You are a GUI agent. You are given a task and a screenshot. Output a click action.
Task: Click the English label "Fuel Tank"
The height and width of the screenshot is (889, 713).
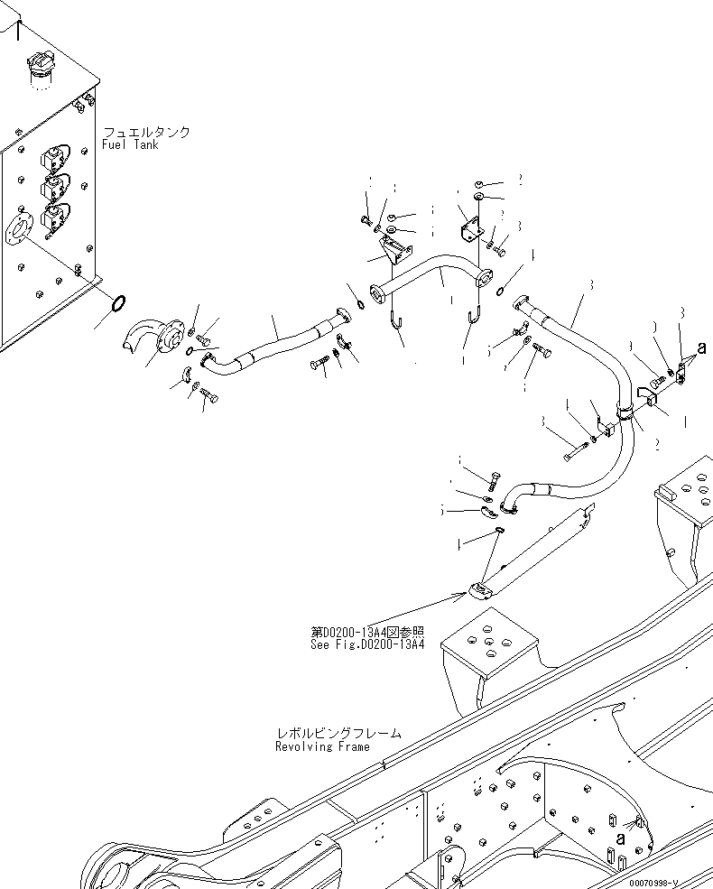(x=130, y=144)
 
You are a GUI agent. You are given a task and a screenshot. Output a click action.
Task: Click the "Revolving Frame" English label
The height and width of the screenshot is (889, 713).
(x=322, y=746)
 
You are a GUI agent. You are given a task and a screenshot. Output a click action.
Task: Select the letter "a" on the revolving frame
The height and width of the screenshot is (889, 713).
(x=620, y=838)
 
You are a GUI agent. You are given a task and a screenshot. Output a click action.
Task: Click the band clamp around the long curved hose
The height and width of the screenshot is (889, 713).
(x=623, y=412)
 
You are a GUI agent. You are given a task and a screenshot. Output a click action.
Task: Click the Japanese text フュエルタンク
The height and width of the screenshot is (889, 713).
(x=146, y=132)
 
